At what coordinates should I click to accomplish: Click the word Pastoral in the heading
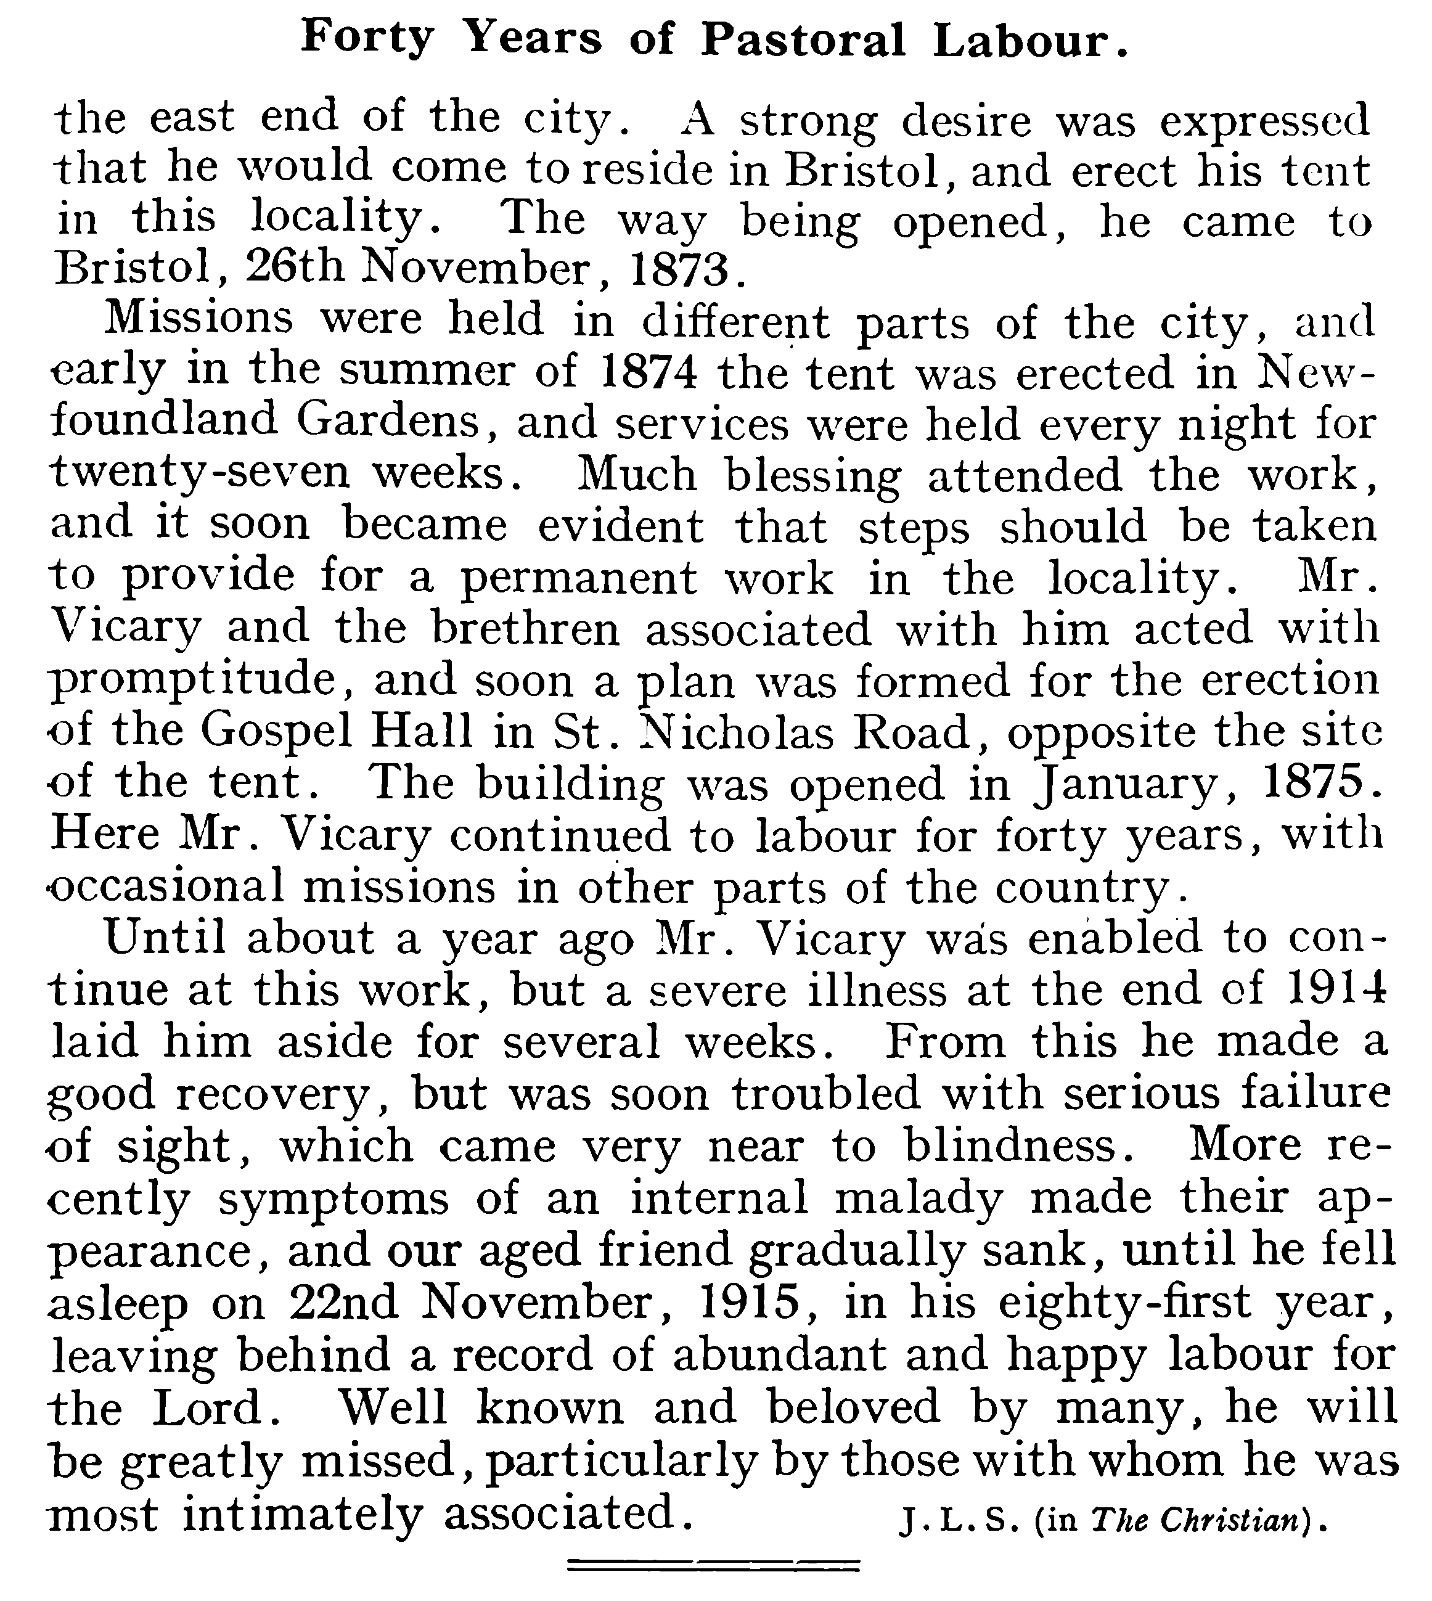point(803,39)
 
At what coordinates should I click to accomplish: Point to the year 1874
point(647,372)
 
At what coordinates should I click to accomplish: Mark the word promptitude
point(194,681)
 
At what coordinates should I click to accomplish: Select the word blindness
point(1012,1145)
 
